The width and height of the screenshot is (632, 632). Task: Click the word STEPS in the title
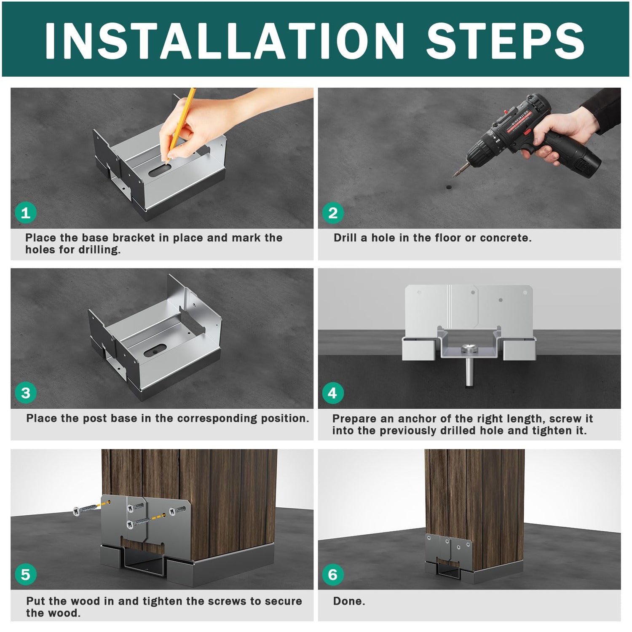(x=506, y=40)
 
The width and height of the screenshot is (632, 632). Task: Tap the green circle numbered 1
(x=26, y=213)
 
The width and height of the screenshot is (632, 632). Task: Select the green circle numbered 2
(x=333, y=213)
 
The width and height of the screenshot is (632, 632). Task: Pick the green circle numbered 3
(x=26, y=393)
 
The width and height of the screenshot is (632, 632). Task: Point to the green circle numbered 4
(x=333, y=393)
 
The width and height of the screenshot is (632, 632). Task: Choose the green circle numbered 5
(x=26, y=574)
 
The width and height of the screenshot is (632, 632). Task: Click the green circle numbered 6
(x=333, y=574)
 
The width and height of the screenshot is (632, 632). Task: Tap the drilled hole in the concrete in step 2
(x=449, y=185)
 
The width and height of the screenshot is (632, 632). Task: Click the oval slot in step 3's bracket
(x=155, y=350)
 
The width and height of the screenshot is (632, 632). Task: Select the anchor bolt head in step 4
(x=469, y=348)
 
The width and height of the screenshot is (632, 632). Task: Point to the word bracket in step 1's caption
(x=134, y=238)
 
